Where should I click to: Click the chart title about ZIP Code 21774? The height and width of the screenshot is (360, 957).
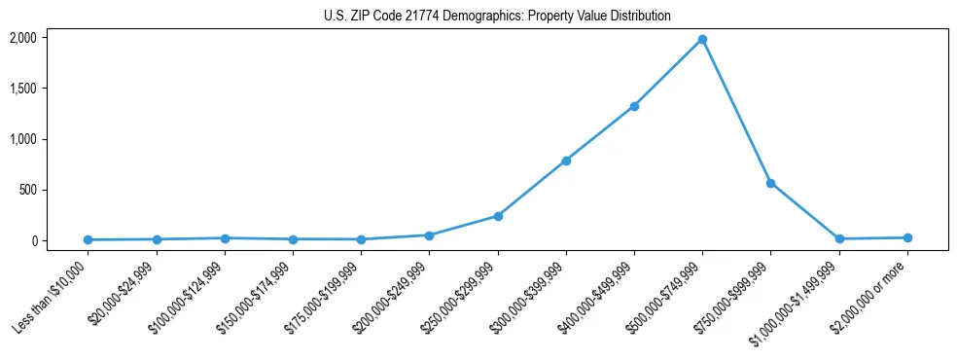coord(497,17)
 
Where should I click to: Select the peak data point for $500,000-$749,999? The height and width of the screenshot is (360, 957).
coord(702,39)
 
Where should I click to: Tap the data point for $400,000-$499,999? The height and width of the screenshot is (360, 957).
coord(634,106)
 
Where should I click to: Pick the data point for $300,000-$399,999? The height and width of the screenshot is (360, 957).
coord(566,161)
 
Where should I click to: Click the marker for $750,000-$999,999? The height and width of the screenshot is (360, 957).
coord(770,183)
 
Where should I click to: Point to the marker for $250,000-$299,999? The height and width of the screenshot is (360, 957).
coord(498,216)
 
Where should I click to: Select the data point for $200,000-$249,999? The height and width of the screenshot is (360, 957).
coord(429,235)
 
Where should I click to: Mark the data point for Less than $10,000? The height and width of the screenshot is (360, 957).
coord(89,239)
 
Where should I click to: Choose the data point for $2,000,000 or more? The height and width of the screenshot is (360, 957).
coord(907,237)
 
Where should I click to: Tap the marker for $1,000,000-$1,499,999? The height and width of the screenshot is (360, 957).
coord(839,239)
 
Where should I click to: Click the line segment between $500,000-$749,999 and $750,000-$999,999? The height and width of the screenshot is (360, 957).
coord(736,111)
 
